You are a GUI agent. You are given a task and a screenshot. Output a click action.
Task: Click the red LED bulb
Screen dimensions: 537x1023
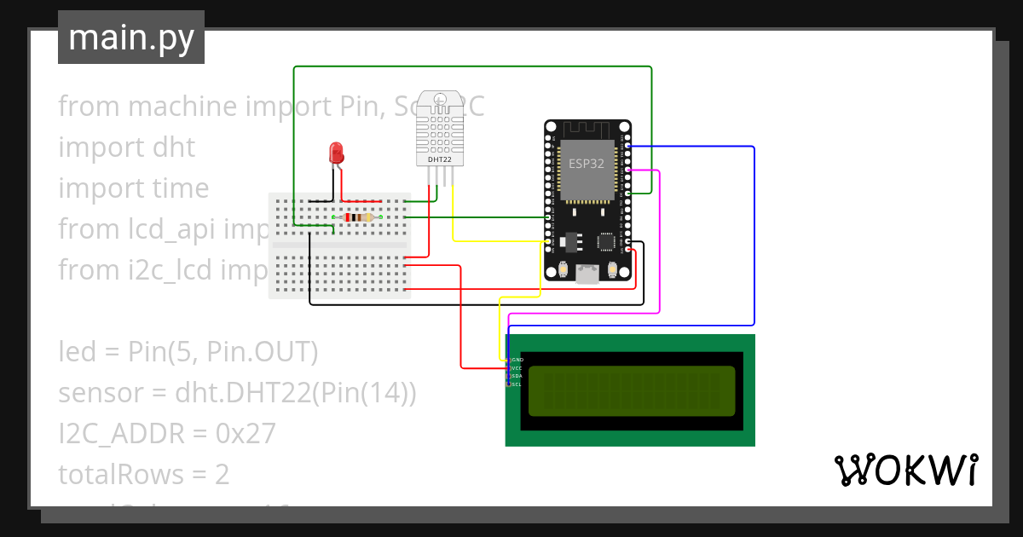337,153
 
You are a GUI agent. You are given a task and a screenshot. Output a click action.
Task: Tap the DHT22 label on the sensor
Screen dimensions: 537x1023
439,159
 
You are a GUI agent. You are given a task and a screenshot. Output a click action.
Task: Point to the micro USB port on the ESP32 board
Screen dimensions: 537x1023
587,274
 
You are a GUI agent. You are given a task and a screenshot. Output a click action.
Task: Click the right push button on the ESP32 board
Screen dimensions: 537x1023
613,270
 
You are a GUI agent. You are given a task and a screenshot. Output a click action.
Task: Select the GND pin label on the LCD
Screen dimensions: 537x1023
517,361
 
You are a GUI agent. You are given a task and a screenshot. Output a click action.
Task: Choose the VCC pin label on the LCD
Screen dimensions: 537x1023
517,368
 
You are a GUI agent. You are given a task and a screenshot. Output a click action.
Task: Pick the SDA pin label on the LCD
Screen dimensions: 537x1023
517,376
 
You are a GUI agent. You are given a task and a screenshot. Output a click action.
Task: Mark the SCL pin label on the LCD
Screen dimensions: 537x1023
517,384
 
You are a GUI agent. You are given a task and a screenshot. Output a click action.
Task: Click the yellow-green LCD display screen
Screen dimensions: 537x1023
631,390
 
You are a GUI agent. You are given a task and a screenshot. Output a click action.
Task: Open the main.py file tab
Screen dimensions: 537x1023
131,38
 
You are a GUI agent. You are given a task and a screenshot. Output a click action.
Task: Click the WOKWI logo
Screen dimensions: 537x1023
905,470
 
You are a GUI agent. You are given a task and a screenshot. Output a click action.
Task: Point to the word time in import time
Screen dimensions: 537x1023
178,188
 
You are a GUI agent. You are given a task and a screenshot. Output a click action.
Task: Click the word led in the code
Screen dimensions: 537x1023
77,352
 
